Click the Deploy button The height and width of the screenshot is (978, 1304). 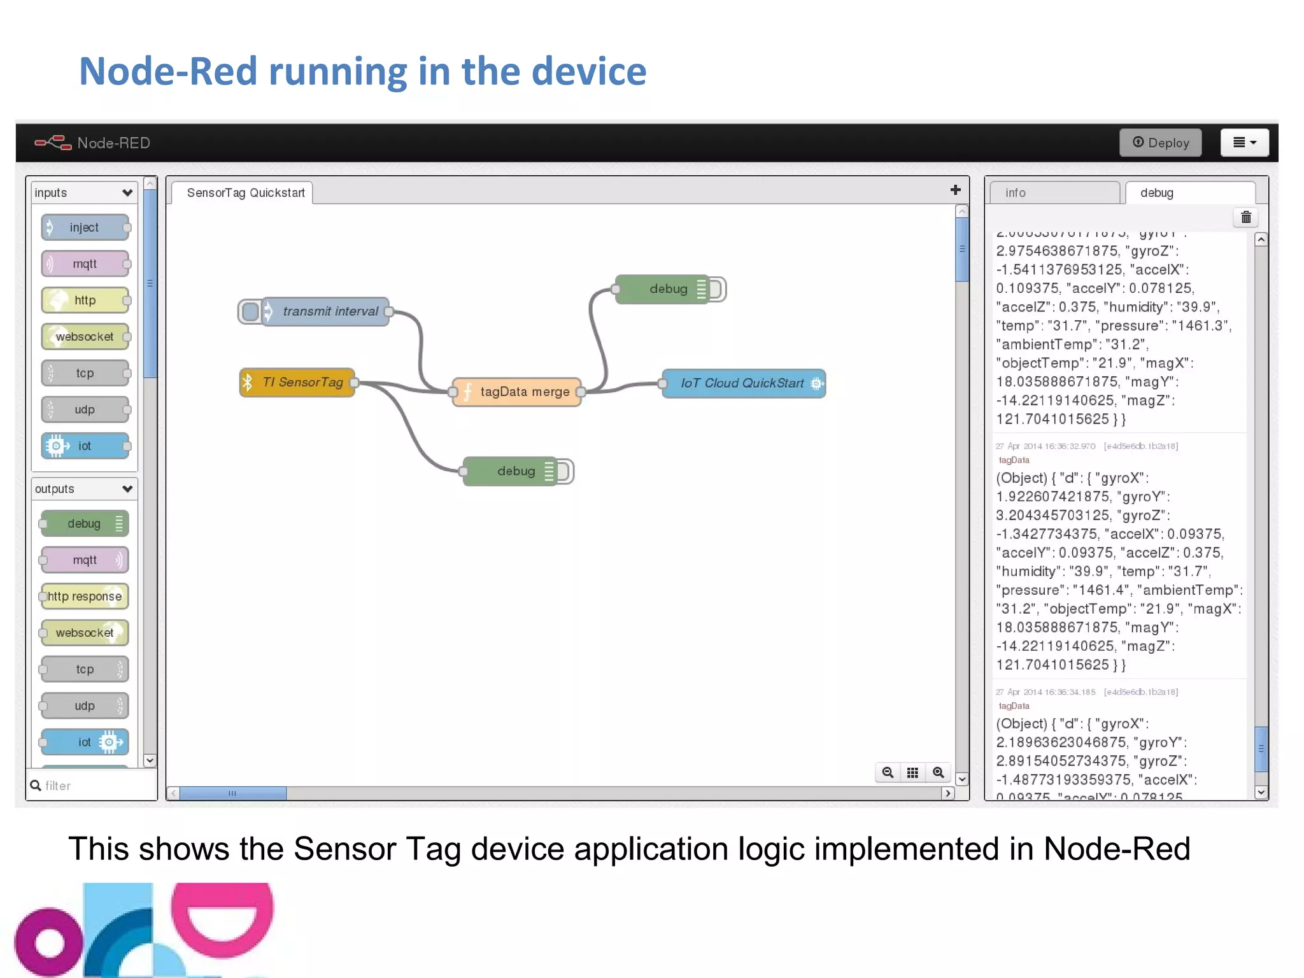click(x=1160, y=143)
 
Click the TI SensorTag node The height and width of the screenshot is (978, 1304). click(x=297, y=382)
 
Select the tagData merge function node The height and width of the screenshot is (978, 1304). click(x=517, y=392)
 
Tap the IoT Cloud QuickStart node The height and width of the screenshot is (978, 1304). click(x=743, y=383)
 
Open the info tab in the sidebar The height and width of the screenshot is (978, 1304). click(x=1054, y=193)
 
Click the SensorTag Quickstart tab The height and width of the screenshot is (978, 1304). click(x=245, y=193)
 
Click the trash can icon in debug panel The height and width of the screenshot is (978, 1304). click(x=1246, y=218)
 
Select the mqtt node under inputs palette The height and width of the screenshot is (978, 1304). click(x=85, y=264)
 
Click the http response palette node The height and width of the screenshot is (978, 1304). click(x=85, y=597)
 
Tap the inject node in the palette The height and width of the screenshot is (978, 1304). click(x=85, y=227)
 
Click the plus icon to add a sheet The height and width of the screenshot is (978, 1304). click(x=955, y=190)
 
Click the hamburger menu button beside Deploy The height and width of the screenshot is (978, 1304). click(x=1244, y=143)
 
